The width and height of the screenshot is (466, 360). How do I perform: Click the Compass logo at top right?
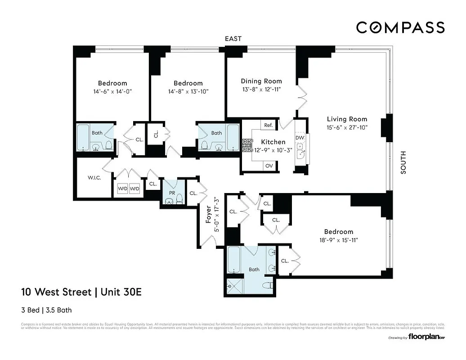[x=400, y=27]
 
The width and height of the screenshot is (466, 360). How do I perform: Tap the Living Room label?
[x=347, y=119]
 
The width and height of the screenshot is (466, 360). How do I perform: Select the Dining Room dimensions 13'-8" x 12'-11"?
[x=261, y=89]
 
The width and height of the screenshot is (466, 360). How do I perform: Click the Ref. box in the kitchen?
[x=269, y=125]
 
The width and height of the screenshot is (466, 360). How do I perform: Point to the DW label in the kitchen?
[x=300, y=137]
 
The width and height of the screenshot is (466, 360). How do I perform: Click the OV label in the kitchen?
[x=269, y=166]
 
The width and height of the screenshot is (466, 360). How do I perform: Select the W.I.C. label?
[x=94, y=178]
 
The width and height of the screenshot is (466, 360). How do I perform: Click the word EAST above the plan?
[x=233, y=39]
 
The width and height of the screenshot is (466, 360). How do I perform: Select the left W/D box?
[x=123, y=189]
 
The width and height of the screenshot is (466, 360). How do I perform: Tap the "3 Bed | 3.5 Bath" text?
[x=46, y=310]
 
